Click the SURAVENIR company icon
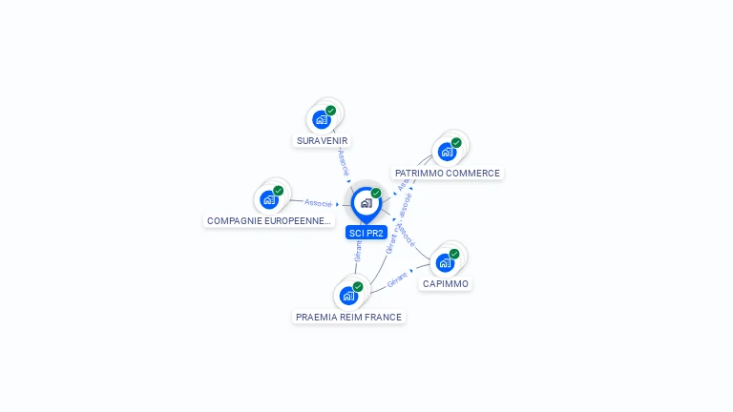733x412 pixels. (323, 120)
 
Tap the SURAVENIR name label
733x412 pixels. (323, 141)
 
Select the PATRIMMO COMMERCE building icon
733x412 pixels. (447, 152)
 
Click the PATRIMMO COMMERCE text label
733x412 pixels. (448, 174)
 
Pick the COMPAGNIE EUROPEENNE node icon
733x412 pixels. (270, 199)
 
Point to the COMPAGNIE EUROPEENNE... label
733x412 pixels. (270, 221)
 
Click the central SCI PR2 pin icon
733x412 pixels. (366, 203)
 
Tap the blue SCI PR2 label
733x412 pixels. (366, 233)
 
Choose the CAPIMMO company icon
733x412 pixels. (445, 262)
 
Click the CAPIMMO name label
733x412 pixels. (446, 284)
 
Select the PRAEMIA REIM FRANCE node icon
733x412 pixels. (349, 295)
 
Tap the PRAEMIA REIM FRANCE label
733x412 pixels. (349, 317)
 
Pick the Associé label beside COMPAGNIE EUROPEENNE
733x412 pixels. (318, 203)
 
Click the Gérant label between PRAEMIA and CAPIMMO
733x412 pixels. (398, 278)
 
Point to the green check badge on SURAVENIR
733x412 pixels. (330, 111)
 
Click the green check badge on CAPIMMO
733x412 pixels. (454, 254)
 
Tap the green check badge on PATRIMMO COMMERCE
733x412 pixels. (456, 143)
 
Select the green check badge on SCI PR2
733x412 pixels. (376, 193)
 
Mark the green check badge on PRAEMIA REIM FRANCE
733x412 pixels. (358, 286)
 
